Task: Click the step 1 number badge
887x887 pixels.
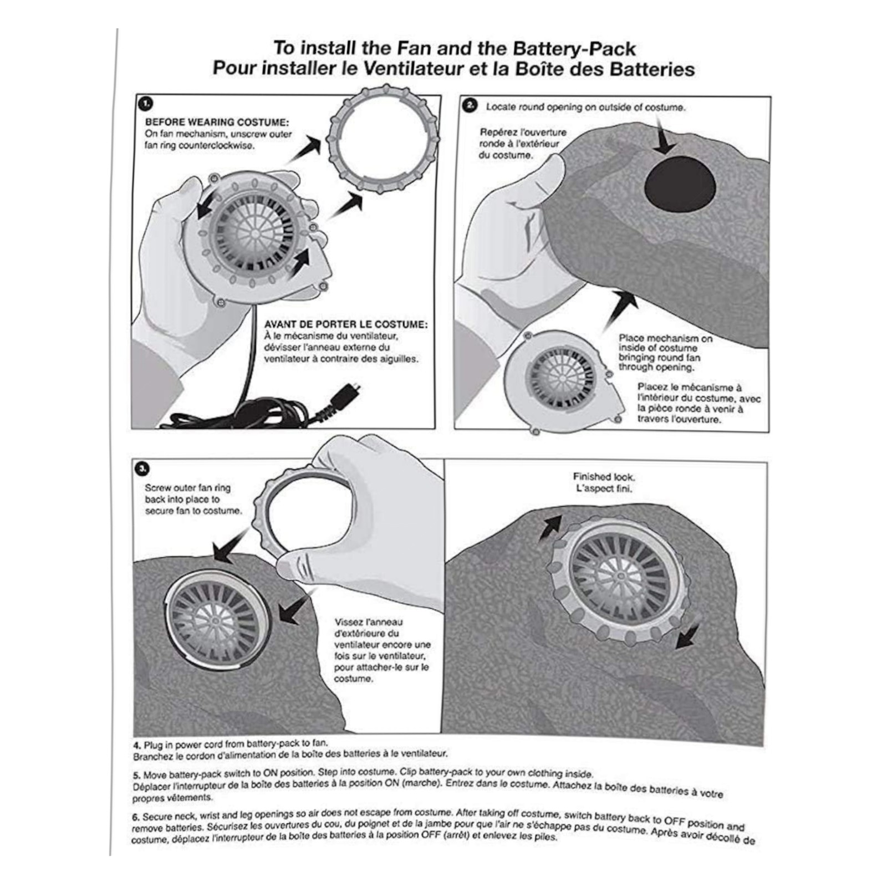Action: tap(146, 104)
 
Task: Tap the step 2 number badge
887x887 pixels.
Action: tap(471, 105)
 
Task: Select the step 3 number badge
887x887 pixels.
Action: tap(142, 469)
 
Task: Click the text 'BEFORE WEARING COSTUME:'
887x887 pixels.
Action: tap(217, 123)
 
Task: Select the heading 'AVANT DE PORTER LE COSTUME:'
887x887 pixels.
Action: tap(345, 324)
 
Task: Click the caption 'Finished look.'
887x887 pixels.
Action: tap(603, 477)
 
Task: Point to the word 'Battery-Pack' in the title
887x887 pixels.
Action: tap(574, 48)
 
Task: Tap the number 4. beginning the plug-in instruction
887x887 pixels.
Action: tap(137, 745)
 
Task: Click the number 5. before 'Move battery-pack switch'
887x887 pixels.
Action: tap(137, 775)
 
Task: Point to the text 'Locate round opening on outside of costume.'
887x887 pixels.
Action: tap(585, 107)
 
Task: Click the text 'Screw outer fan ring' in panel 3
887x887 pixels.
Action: tap(187, 488)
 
